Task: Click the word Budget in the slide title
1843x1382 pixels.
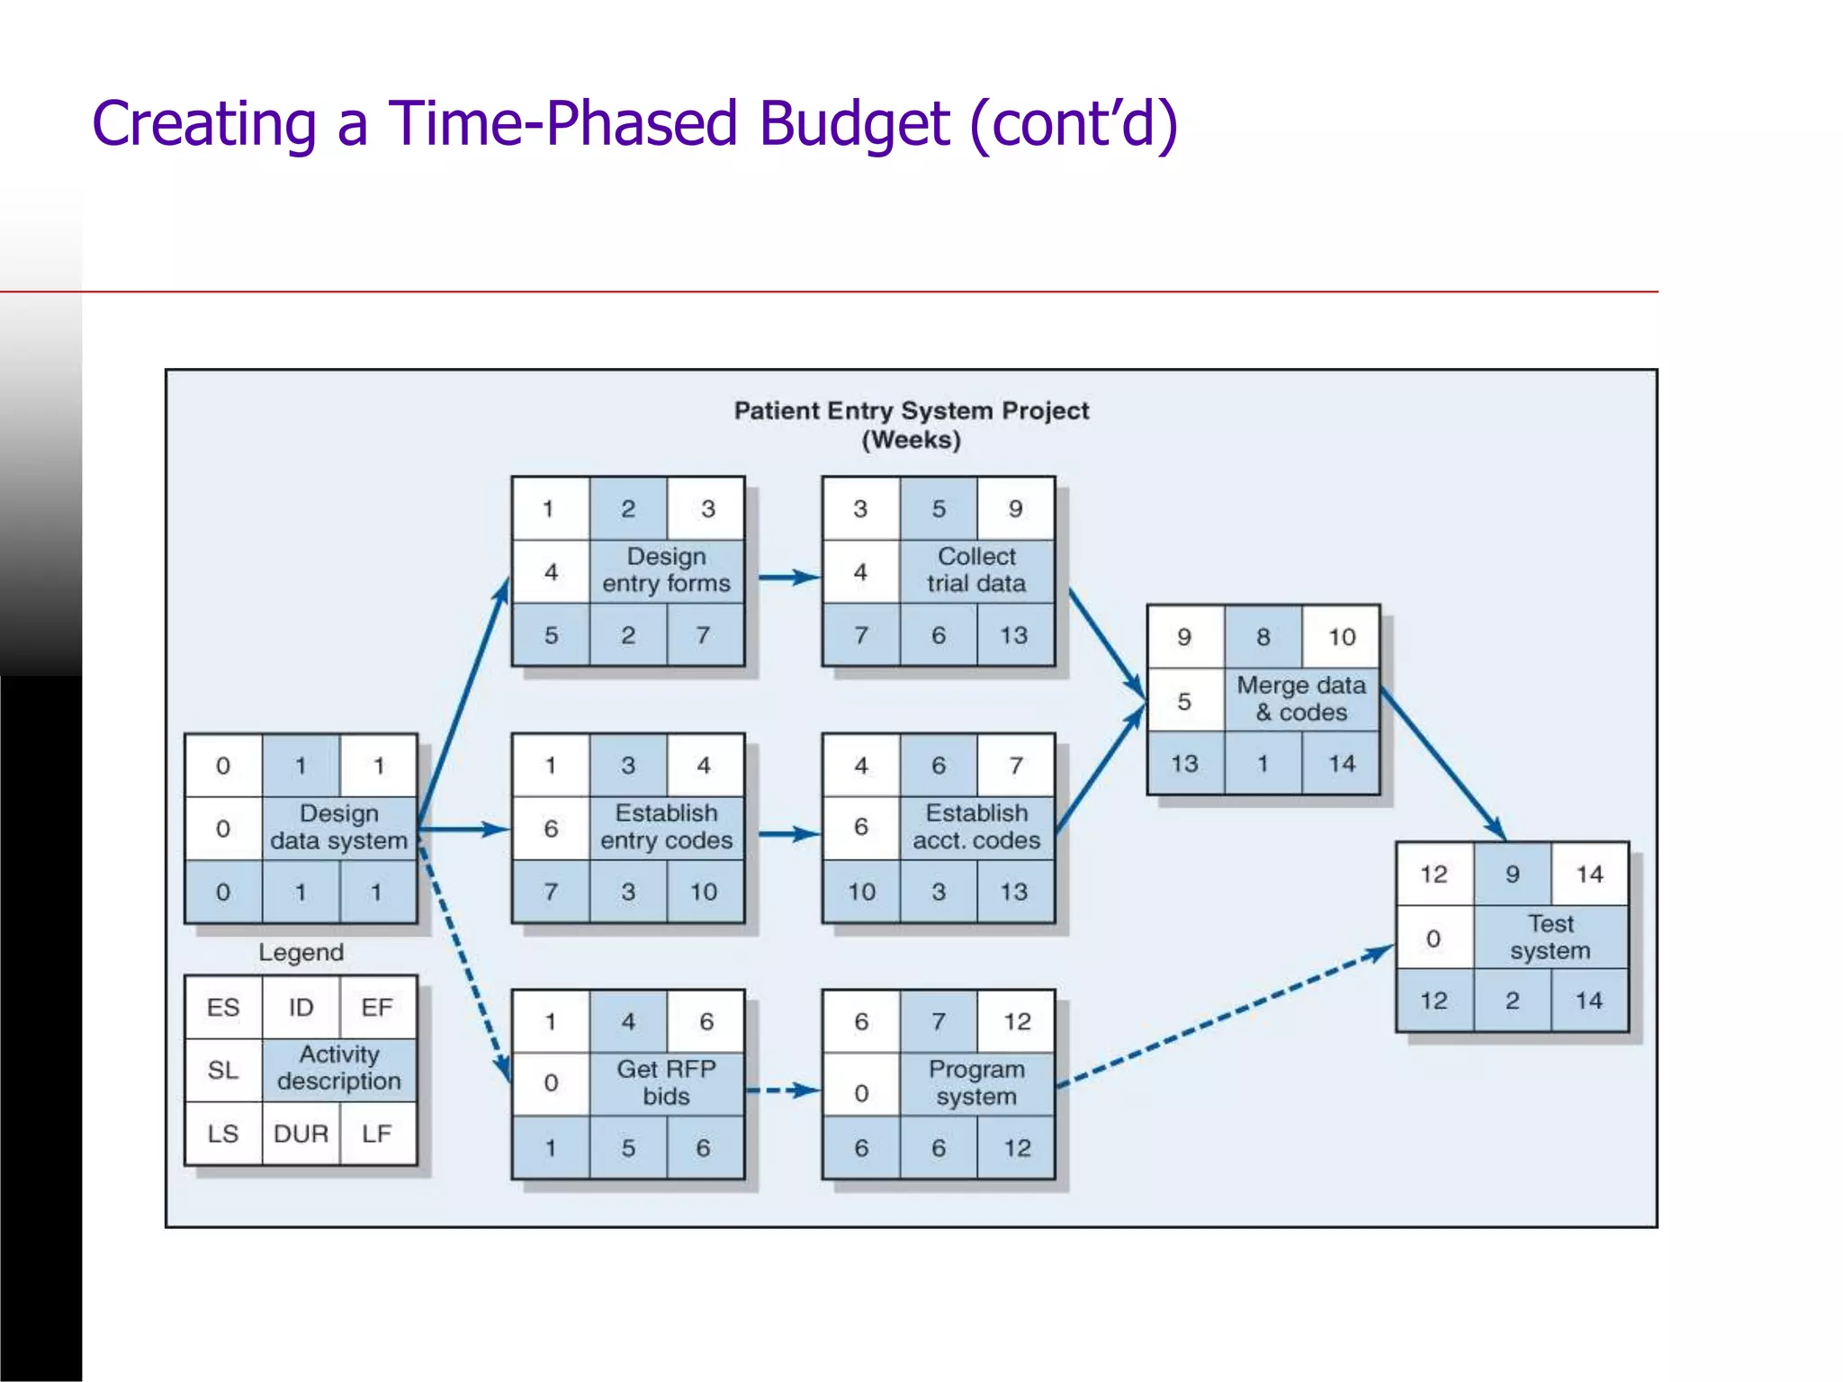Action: point(854,123)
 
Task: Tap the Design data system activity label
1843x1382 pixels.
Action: point(339,828)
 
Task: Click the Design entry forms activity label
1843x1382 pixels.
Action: point(666,570)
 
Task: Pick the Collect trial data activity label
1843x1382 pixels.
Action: point(976,570)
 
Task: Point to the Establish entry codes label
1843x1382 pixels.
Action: point(666,827)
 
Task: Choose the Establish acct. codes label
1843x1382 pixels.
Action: point(976,827)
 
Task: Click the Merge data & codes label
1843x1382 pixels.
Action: point(1301,699)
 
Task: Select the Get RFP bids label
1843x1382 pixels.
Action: point(666,1083)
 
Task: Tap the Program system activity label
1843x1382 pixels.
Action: point(976,1083)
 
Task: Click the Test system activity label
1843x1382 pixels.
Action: point(1551,938)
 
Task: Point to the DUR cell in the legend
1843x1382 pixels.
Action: point(301,1134)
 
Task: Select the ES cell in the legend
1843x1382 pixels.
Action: point(223,1008)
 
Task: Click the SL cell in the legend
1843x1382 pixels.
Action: point(223,1071)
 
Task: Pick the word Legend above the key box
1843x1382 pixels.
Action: point(301,953)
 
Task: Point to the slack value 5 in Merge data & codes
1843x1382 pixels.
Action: point(1184,701)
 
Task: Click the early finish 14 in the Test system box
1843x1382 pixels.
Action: point(1589,875)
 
